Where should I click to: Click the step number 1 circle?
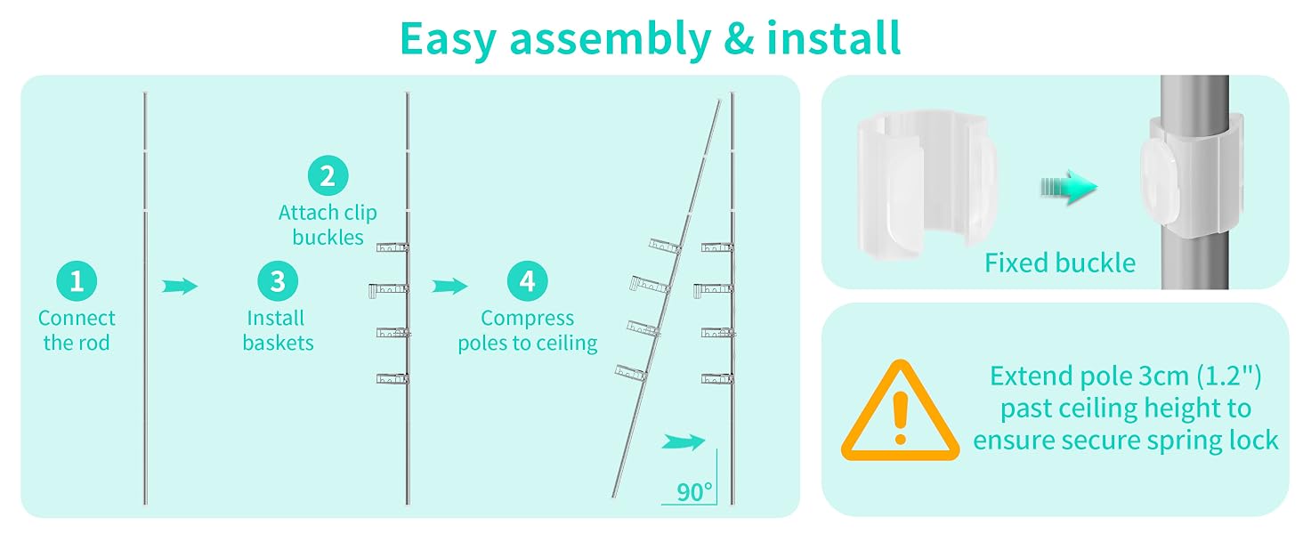pyautogui.click(x=77, y=281)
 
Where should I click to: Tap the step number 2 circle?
pyautogui.click(x=328, y=175)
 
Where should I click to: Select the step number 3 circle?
pyautogui.click(x=278, y=281)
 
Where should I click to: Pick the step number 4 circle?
pyautogui.click(x=527, y=281)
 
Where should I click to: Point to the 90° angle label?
pyautogui.click(x=694, y=492)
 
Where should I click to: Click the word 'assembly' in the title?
pyautogui.click(x=611, y=39)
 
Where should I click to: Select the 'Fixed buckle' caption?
pyautogui.click(x=1060, y=263)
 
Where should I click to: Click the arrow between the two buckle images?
pyautogui.click(x=1069, y=187)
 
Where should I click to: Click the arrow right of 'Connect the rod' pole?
pyautogui.click(x=180, y=287)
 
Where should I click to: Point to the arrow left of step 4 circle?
pyautogui.click(x=449, y=287)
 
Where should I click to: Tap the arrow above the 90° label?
pyautogui.click(x=683, y=442)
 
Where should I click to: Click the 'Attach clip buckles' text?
pyautogui.click(x=328, y=224)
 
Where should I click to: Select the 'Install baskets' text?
pyautogui.click(x=278, y=330)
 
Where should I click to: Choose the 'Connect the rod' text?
pyautogui.click(x=77, y=330)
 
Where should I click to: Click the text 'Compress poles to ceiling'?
pyautogui.click(x=527, y=330)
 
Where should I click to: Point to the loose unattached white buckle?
pyautogui.click(x=927, y=185)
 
